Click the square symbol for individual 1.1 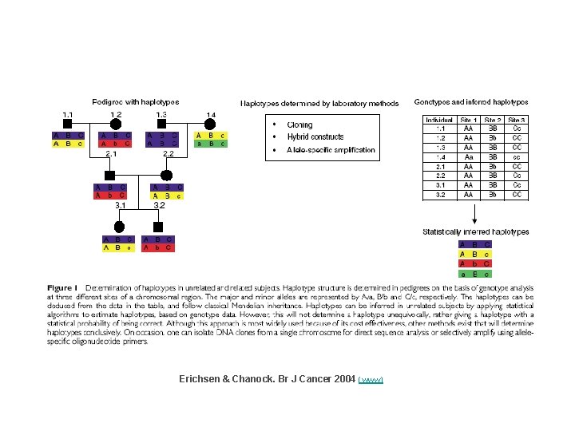click(x=69, y=123)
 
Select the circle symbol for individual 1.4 click(x=211, y=123)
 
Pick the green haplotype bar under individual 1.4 click(x=211, y=144)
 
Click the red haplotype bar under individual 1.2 click(x=115, y=144)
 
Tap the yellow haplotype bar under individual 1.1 click(x=69, y=144)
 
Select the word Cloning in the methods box click(x=300, y=125)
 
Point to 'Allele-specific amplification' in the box click(x=331, y=149)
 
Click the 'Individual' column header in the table click(x=438, y=119)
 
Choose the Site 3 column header click(x=517, y=119)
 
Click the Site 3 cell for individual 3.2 click(x=517, y=194)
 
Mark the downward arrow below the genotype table click(x=475, y=213)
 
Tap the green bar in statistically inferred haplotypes click(x=475, y=274)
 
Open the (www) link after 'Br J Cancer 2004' click(x=371, y=379)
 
